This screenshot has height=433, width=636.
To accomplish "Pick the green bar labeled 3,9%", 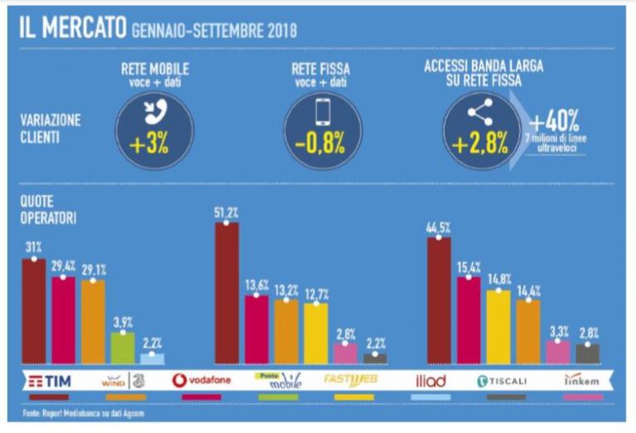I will pos(123,348).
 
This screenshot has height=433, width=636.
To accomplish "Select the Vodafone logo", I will pos(203,381).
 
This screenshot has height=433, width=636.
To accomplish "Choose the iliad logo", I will pos(430,381).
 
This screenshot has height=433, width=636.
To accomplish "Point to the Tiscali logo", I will pos(505,381).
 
